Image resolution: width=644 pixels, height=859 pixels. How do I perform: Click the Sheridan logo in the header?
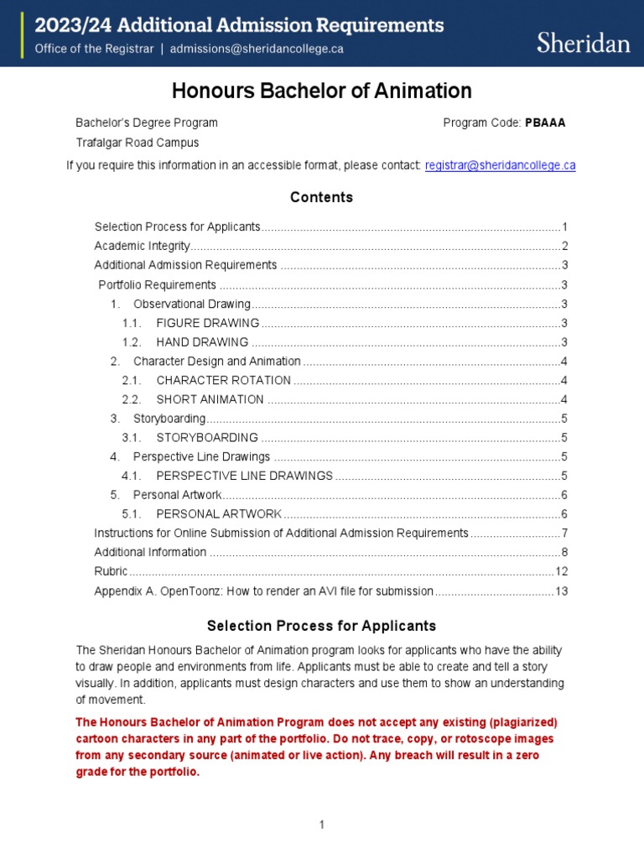(x=583, y=43)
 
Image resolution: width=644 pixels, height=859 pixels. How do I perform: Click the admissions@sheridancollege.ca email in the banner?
(x=257, y=49)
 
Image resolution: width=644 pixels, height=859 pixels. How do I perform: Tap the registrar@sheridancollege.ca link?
(x=500, y=165)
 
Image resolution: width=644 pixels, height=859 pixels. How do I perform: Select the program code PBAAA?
(x=545, y=122)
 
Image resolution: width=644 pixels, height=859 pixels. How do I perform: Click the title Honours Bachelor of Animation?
(x=322, y=91)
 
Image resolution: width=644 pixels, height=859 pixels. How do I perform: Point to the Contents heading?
(x=322, y=197)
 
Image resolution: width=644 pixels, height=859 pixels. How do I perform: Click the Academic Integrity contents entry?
(x=143, y=246)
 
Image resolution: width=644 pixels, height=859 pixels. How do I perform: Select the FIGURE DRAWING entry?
(x=207, y=323)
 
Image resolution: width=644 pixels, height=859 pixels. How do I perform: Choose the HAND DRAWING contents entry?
(x=201, y=342)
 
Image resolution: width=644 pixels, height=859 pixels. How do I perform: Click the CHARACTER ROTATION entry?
(x=223, y=380)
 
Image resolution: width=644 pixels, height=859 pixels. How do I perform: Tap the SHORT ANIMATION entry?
(x=210, y=399)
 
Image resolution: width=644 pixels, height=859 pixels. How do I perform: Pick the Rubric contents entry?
(x=111, y=571)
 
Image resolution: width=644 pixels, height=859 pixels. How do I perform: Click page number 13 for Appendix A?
(x=562, y=591)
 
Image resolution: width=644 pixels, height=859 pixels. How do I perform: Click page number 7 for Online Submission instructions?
(x=565, y=533)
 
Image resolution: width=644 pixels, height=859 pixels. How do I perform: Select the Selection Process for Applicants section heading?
(x=322, y=626)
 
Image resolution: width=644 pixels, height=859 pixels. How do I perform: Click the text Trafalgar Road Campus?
(x=138, y=143)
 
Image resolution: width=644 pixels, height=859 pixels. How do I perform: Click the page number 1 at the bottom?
(x=321, y=825)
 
